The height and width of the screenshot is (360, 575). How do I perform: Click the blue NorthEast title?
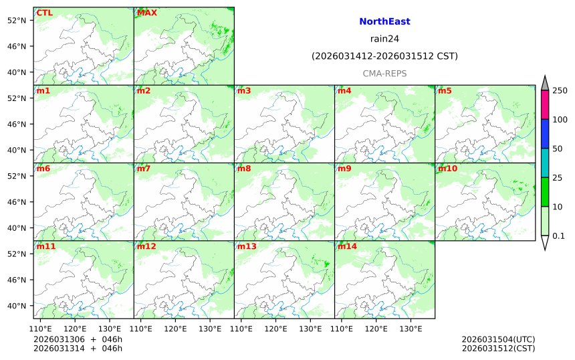tap(384, 22)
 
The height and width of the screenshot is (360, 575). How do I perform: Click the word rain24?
tap(384, 39)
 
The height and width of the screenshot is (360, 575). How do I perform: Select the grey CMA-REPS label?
tap(384, 74)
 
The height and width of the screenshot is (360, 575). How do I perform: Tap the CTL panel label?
tap(45, 13)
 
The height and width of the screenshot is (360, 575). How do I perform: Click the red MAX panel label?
tap(147, 13)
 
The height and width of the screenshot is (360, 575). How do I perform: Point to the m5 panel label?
tap(445, 91)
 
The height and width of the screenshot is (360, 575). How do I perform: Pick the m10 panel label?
tap(447, 169)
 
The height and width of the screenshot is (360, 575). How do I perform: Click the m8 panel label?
tap(244, 169)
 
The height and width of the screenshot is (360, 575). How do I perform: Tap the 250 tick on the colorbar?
tap(560, 90)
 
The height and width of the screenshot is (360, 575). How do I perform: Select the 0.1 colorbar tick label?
tap(559, 236)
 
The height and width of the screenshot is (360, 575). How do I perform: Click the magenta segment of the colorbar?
tap(545, 104)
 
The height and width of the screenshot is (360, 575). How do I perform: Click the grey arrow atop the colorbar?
tap(545, 82)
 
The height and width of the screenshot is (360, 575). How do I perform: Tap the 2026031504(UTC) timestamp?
tap(498, 339)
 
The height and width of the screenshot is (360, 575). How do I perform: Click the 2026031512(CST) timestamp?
tap(498, 348)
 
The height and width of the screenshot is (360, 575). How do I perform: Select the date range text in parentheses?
tap(384, 56)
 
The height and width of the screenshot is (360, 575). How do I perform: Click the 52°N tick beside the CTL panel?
tap(16, 20)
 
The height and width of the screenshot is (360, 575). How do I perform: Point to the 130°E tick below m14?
tap(411, 329)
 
